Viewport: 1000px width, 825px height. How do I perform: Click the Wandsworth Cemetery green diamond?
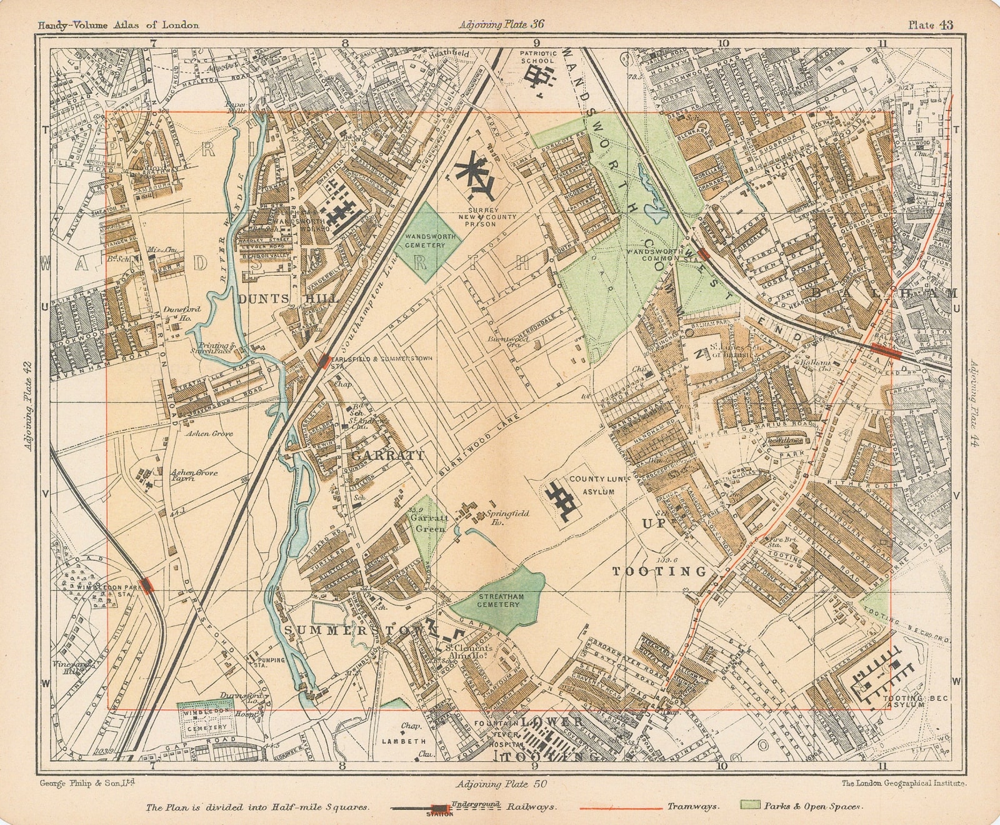tap(428, 241)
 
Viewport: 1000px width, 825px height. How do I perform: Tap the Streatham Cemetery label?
tap(497, 600)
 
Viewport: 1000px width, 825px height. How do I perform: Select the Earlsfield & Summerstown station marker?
tap(324, 361)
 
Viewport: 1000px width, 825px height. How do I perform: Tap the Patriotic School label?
tap(537, 58)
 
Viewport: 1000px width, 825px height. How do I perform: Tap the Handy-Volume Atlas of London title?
tap(118, 26)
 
